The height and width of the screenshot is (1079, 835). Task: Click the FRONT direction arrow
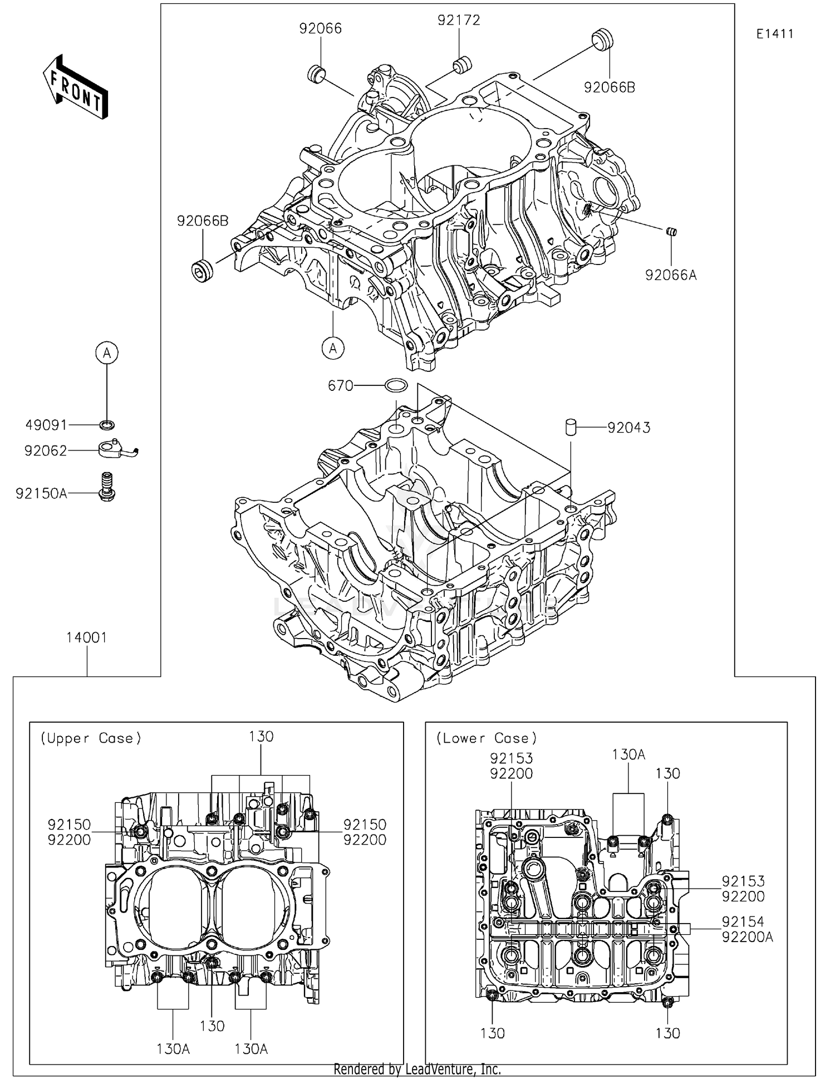click(x=75, y=86)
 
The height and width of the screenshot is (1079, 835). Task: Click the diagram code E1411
click(x=774, y=34)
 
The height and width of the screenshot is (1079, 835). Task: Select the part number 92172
click(x=458, y=21)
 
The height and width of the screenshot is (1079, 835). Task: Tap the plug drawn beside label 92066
click(x=317, y=73)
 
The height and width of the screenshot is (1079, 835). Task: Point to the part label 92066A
click(x=670, y=275)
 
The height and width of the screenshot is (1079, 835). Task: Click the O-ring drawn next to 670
click(x=396, y=385)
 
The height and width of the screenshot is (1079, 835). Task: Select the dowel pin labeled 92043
click(x=571, y=427)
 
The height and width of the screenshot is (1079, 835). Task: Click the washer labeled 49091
click(x=107, y=425)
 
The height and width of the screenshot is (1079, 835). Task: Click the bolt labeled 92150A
click(x=107, y=487)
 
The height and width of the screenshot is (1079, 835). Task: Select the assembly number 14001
click(x=86, y=637)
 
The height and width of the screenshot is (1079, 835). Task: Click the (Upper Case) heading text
click(x=91, y=738)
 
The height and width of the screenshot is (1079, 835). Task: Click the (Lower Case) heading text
click(x=486, y=738)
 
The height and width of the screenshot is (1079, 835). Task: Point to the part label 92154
click(x=743, y=921)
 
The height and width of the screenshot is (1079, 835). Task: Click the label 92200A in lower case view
click(x=747, y=937)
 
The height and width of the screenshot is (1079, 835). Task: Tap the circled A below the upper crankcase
click(x=333, y=348)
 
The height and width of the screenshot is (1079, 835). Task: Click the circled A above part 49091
click(x=107, y=352)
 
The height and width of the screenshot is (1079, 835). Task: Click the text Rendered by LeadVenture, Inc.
click(x=417, y=1069)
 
